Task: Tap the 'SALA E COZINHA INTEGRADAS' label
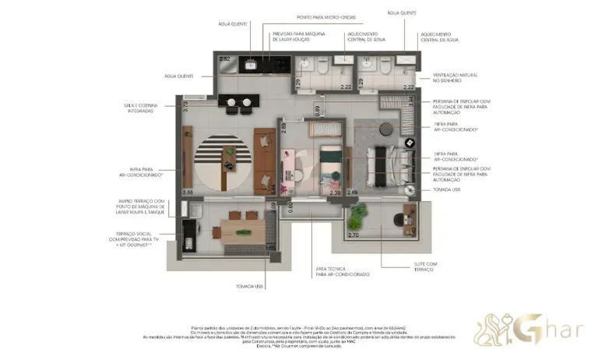tap(139, 108)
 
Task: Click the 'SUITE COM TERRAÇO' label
tap(424, 267)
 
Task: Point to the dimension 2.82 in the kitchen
tap(225, 59)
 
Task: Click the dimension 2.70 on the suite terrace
tap(352, 235)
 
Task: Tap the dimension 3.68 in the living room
tap(187, 192)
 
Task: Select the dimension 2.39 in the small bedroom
tap(335, 192)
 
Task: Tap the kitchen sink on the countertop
tap(253, 64)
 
